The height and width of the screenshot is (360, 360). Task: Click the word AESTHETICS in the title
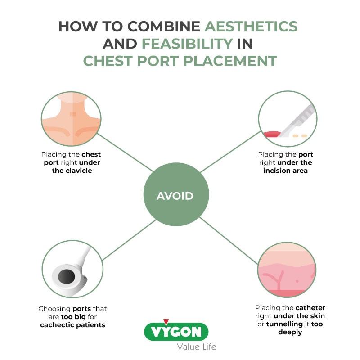251,26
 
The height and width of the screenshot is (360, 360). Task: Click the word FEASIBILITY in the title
187,44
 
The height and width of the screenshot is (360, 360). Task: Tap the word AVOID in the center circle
175,196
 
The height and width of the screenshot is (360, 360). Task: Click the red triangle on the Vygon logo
166,322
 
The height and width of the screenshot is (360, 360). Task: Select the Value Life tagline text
196,346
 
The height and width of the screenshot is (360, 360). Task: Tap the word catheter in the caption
310,308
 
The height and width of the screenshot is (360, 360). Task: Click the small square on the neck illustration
72,114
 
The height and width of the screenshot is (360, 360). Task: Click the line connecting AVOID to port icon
126,240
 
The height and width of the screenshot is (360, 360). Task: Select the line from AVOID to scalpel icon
229,151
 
